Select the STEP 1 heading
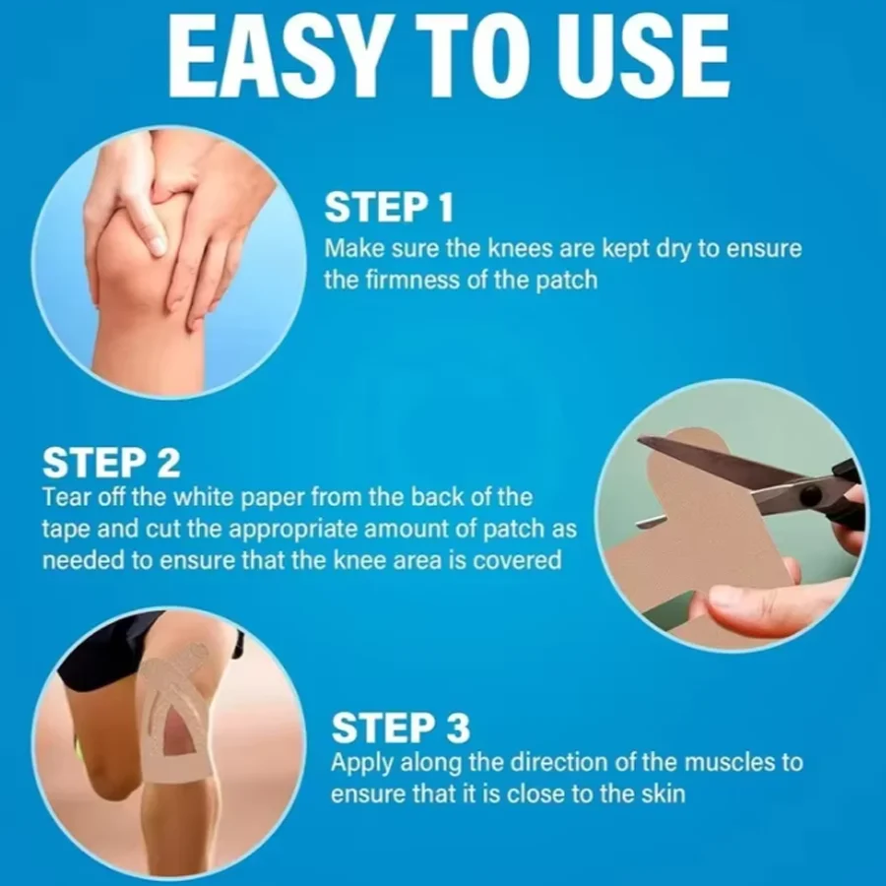tap(389, 208)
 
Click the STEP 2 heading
tap(111, 463)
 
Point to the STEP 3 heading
tap(401, 728)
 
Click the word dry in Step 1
tap(673, 249)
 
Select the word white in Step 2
tap(204, 497)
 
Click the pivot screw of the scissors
tap(812, 493)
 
